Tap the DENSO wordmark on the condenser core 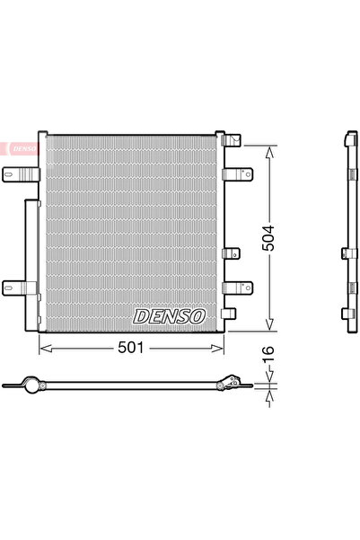click(x=170, y=316)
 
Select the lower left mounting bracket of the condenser click(x=19, y=288)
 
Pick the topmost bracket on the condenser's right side click(x=233, y=140)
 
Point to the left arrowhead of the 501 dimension click(x=41, y=347)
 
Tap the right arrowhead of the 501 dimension click(x=222, y=347)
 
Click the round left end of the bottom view click(x=40, y=385)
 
